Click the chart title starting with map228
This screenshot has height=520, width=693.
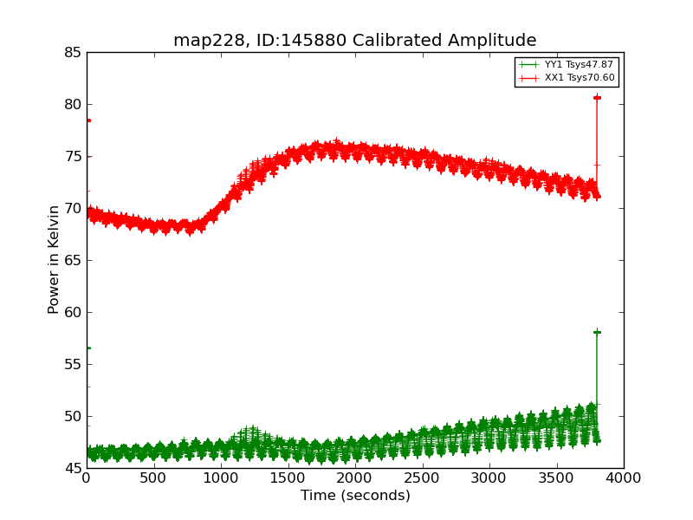pyautogui.click(x=354, y=40)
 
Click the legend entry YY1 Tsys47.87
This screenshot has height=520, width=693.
pyautogui.click(x=579, y=65)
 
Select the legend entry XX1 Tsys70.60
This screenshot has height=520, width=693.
pyautogui.click(x=579, y=78)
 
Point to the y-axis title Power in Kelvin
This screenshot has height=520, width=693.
pyautogui.click(x=54, y=259)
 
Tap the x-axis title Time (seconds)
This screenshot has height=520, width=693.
pyautogui.click(x=355, y=496)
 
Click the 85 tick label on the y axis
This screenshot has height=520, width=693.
pyautogui.click(x=72, y=53)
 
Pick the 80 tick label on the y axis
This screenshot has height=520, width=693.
pyautogui.click(x=72, y=105)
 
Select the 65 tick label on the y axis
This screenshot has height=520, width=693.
pyautogui.click(x=72, y=261)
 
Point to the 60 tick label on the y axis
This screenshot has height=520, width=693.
pyautogui.click(x=72, y=313)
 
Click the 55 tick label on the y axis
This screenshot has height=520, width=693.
pyautogui.click(x=72, y=365)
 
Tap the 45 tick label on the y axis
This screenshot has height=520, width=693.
pyautogui.click(x=72, y=469)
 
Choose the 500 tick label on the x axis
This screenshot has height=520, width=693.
pyautogui.click(x=153, y=478)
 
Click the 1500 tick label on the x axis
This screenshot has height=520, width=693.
pyautogui.click(x=288, y=478)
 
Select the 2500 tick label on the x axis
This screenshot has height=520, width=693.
pyautogui.click(x=422, y=478)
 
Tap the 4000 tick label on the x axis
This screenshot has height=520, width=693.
pyautogui.click(x=623, y=478)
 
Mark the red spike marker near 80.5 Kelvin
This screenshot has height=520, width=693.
pyautogui.click(x=597, y=98)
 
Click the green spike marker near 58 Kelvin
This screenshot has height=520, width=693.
pyautogui.click(x=597, y=332)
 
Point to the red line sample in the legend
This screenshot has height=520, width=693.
pyautogui.click(x=528, y=78)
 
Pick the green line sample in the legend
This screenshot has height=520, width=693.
pyautogui.click(x=528, y=65)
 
